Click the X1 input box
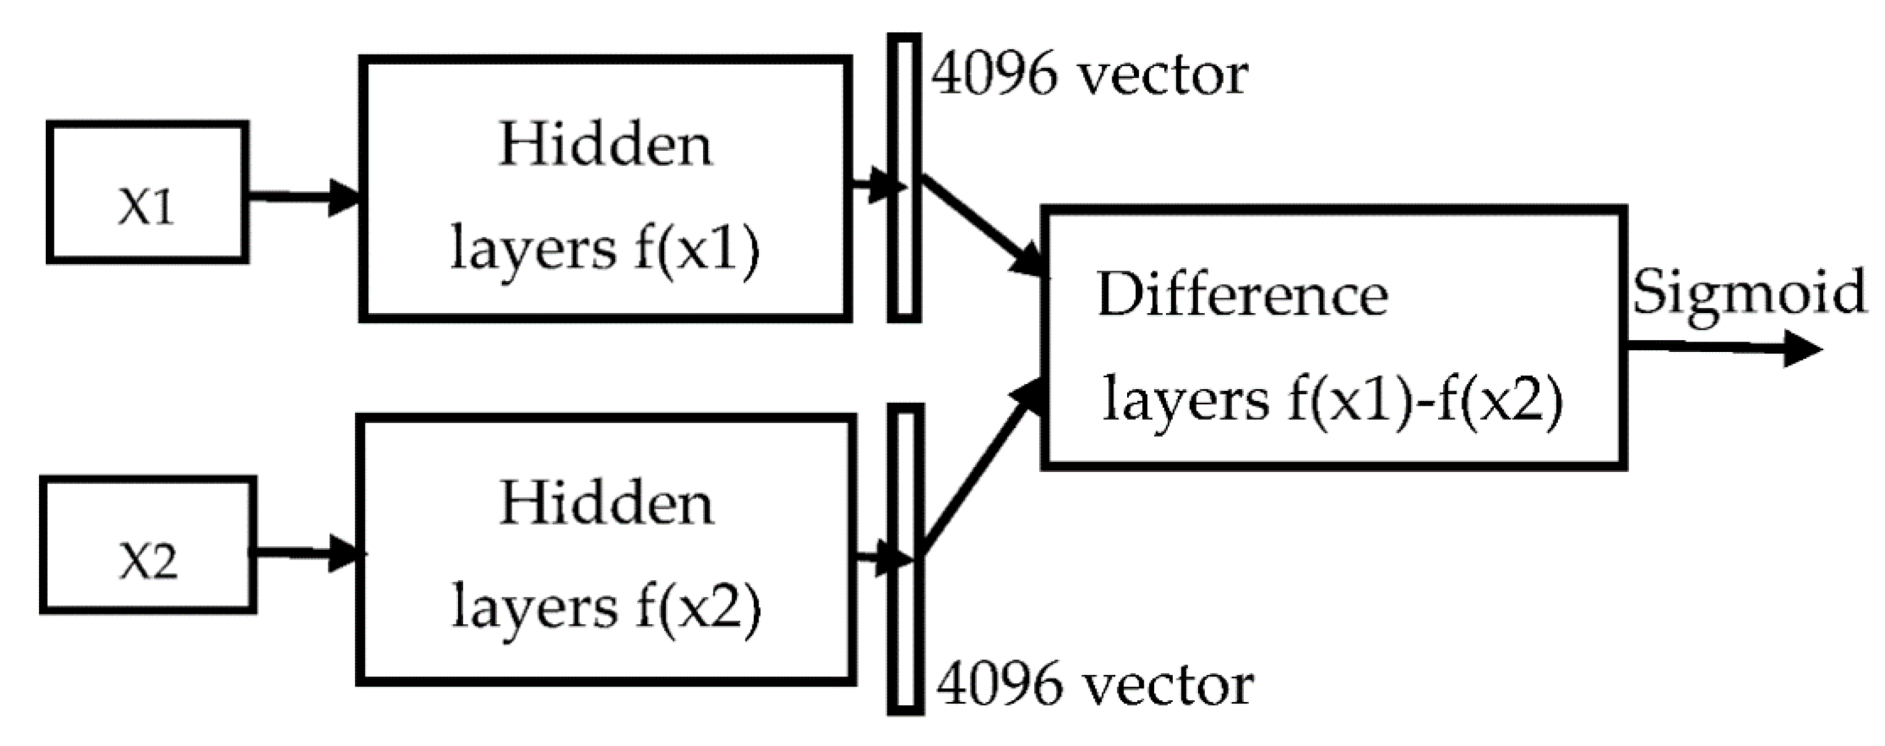(x=147, y=192)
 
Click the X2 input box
(x=148, y=546)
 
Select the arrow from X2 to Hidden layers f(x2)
(x=307, y=553)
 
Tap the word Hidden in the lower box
(x=606, y=504)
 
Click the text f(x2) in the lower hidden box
(x=698, y=607)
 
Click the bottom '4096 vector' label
(x=1095, y=685)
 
